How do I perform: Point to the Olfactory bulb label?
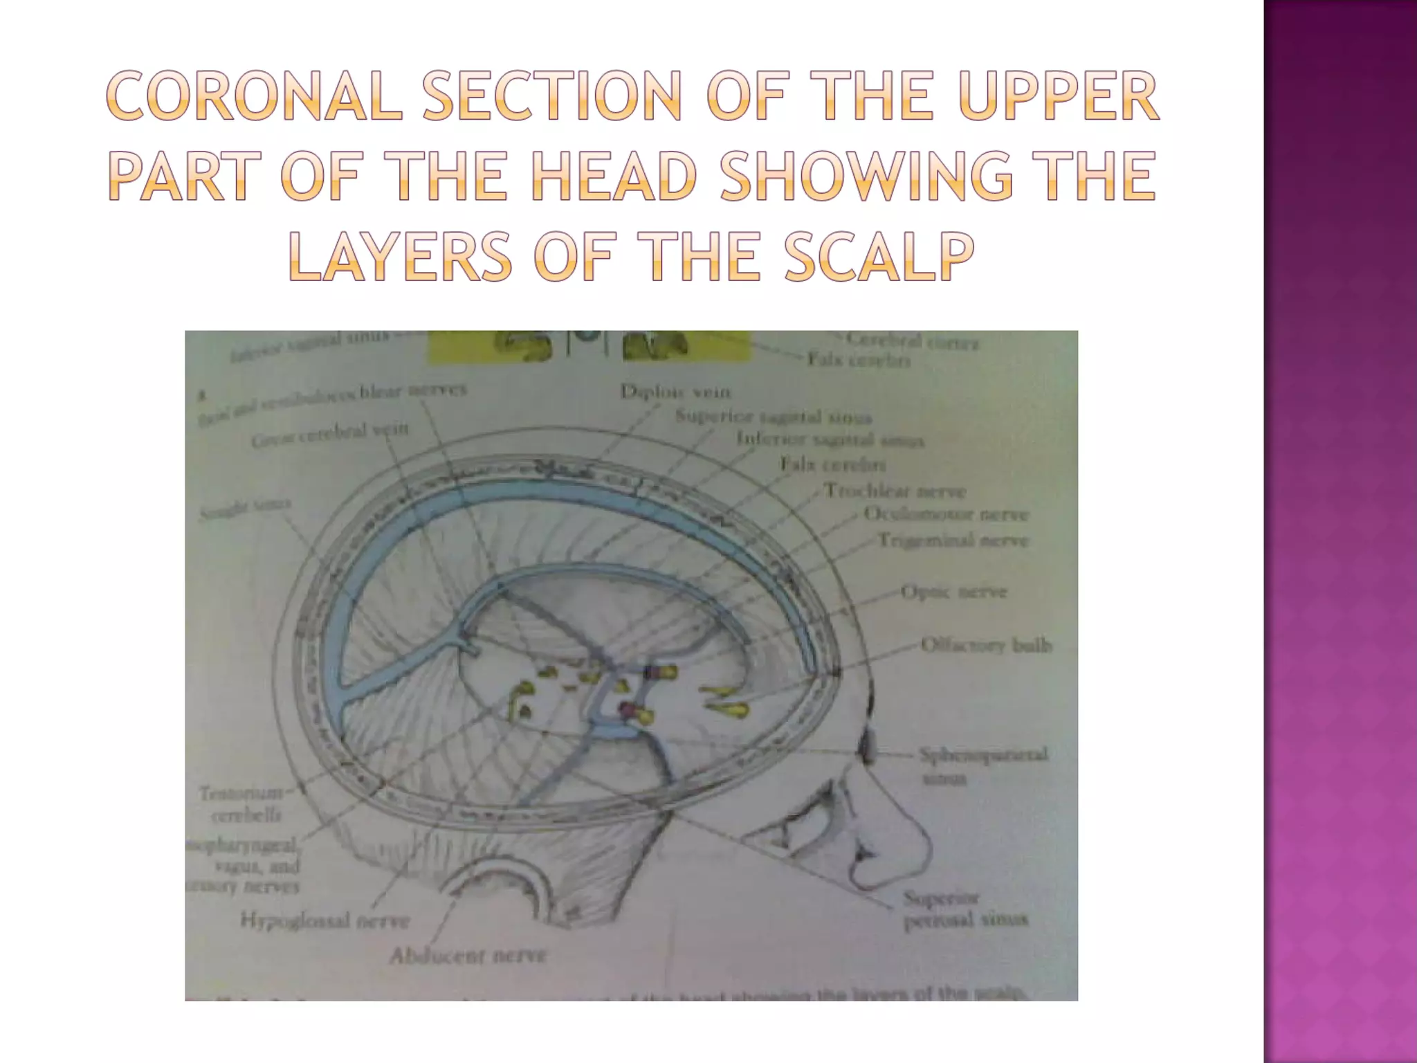click(986, 646)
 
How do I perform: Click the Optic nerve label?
click(953, 592)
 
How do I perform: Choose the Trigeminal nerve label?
click(953, 540)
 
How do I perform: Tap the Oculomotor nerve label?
click(946, 516)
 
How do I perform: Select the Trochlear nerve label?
click(895, 491)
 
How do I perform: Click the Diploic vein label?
click(675, 392)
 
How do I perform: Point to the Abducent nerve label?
click(468, 956)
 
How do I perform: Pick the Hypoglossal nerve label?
click(324, 921)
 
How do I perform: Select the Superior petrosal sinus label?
click(965, 909)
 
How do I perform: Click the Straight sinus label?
click(245, 509)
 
